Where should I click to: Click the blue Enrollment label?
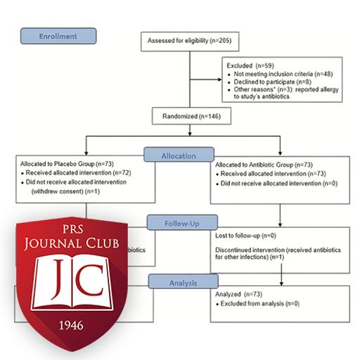[58, 35]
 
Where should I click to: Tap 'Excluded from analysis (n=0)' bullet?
[261, 302]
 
